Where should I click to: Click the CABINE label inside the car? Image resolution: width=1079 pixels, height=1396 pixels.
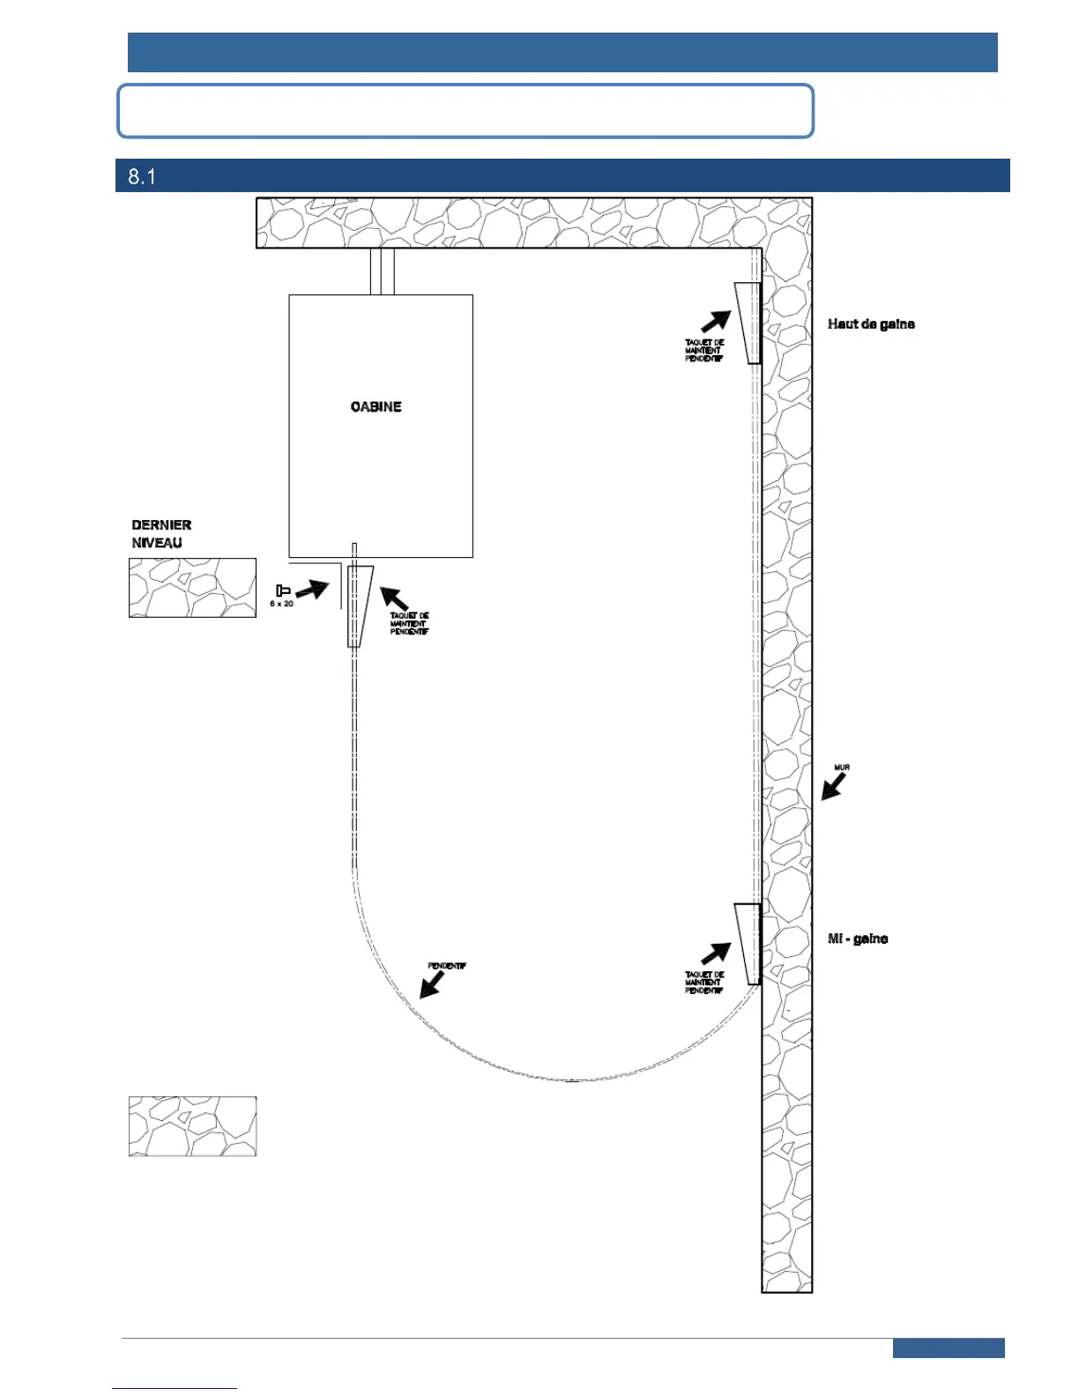pos(376,406)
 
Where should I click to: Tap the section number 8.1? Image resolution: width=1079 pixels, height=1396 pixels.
pos(142,176)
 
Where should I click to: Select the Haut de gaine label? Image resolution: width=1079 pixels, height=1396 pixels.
pos(871,324)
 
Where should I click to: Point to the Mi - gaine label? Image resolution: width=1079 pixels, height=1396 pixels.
pos(857,939)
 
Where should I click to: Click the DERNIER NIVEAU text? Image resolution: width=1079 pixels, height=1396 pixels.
pos(161,534)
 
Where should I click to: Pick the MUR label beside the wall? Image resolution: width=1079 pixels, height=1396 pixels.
pos(842,768)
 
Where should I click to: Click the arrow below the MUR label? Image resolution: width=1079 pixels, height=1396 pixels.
pos(832,786)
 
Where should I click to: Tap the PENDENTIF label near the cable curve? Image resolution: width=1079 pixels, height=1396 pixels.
pos(446,966)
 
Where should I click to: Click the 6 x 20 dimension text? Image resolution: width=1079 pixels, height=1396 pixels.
pos(281,604)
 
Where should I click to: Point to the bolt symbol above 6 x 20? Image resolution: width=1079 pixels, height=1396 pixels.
pos(283,590)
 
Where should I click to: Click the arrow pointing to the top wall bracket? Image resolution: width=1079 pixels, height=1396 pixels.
pos(716,322)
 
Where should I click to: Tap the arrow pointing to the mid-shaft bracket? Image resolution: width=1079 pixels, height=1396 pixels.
pos(716,954)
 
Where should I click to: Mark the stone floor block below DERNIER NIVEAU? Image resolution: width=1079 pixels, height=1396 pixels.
pos(192,588)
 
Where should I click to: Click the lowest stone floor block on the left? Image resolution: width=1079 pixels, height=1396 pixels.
pos(192,1126)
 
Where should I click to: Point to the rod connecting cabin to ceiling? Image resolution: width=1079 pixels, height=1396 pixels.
pos(382,271)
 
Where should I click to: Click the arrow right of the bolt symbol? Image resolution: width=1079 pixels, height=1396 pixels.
pos(311,590)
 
